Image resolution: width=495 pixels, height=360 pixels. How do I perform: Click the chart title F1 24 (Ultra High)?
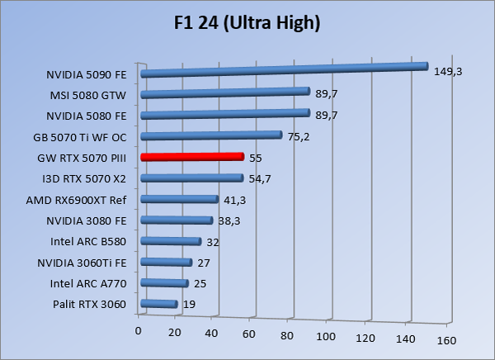click(x=247, y=21)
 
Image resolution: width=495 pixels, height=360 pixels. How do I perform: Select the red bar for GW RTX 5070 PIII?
click(x=192, y=157)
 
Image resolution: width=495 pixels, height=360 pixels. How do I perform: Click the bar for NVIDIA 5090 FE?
click(x=285, y=70)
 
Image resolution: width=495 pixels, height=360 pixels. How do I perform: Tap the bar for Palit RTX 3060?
click(x=159, y=305)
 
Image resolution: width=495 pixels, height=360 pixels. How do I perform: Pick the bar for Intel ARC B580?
click(x=171, y=242)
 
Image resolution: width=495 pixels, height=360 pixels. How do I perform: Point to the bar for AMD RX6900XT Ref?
click(x=180, y=199)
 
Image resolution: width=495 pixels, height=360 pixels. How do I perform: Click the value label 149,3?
click(x=447, y=72)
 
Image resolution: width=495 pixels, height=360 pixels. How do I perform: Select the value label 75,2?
click(x=297, y=136)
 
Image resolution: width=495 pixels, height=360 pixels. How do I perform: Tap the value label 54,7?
click(x=260, y=178)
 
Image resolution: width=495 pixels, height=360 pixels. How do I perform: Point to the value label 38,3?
click(x=229, y=220)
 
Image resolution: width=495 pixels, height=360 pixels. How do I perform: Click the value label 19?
click(x=189, y=305)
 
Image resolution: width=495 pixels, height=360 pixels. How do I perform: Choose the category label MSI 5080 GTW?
click(x=91, y=94)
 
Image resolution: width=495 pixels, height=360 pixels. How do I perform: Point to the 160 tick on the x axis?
click(x=447, y=340)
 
